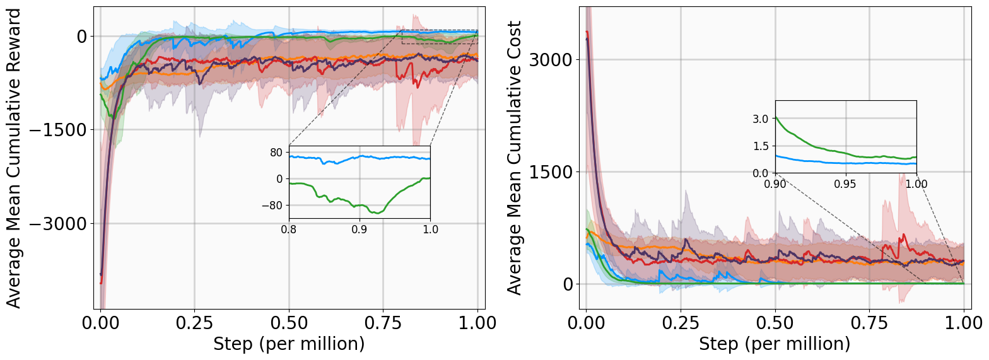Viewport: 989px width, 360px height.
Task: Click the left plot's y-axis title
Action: coord(14,158)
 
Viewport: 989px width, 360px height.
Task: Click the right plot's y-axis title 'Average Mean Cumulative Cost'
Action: coord(515,158)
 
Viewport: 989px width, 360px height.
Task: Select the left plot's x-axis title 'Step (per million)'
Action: coord(289,344)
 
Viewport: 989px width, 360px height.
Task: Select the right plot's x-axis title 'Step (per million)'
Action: coord(775,344)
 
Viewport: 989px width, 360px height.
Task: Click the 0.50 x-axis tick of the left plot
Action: coord(289,325)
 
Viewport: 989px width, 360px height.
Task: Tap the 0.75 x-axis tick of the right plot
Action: coord(870,325)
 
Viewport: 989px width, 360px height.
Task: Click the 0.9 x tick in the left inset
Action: coord(360,230)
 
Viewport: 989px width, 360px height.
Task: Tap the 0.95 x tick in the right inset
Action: coord(845,184)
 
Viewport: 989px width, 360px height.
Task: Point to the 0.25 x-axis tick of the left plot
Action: coord(194,325)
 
